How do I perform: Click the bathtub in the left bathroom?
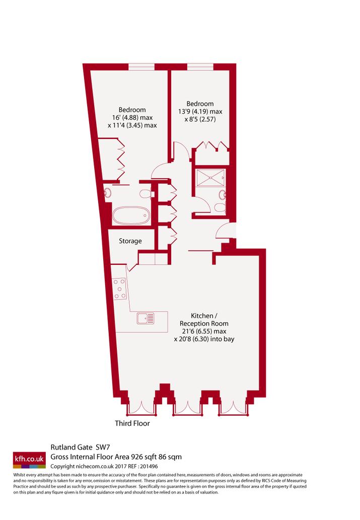point(131,215)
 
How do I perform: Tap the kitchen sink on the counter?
point(146,318)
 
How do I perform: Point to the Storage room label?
point(130,241)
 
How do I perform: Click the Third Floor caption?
point(132,423)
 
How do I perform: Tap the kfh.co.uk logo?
point(29,460)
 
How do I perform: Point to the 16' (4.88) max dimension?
point(132,117)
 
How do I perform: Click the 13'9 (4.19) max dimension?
point(200,111)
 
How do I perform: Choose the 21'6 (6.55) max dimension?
point(204,331)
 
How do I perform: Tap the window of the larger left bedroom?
point(141,66)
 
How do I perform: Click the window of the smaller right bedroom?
point(200,66)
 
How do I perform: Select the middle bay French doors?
point(188,408)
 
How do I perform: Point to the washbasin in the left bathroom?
point(108,193)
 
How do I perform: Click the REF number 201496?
point(149,466)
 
